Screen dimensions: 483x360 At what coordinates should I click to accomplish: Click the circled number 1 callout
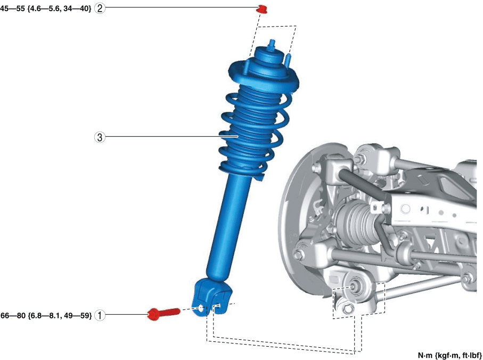point(100,315)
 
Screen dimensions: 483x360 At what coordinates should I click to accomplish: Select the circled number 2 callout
point(100,9)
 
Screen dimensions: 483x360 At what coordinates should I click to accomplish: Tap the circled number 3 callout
point(100,137)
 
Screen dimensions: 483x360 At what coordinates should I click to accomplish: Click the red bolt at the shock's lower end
point(163,313)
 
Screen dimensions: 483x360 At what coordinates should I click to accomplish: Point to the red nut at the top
point(262,9)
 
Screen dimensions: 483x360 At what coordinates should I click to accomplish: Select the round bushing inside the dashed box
point(354,287)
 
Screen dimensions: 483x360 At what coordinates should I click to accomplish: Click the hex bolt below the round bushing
point(348,308)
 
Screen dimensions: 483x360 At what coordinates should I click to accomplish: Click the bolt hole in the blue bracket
point(200,307)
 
